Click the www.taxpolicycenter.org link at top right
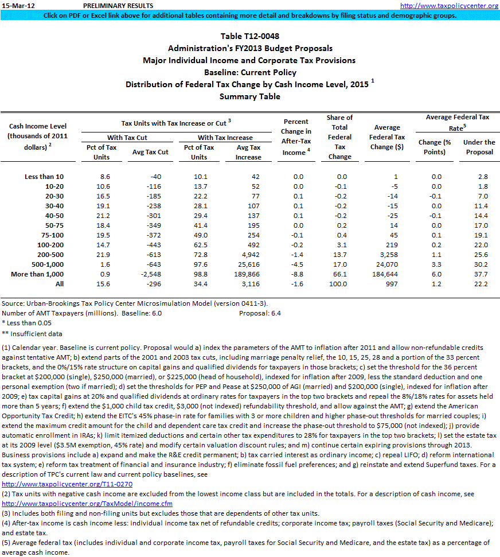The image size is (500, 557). pos(449,6)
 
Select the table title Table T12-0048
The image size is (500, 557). pos(249,37)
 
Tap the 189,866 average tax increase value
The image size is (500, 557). pos(248,274)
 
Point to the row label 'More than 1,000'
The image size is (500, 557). pos(37,274)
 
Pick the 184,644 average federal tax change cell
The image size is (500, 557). pos(389,274)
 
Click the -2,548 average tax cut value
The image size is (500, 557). pos(155,274)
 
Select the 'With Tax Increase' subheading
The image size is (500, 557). pos(225,138)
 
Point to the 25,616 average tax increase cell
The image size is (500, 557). pos(248,264)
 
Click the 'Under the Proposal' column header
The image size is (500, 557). pos(479,147)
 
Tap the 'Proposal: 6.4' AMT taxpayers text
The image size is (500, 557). pos(260,313)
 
